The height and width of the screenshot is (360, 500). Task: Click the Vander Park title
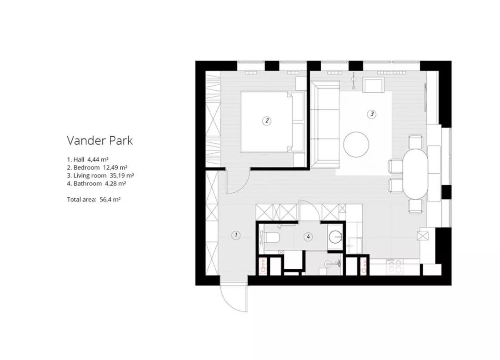pyautogui.click(x=100, y=140)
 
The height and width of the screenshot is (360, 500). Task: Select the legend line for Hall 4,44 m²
pyautogui.click(x=88, y=159)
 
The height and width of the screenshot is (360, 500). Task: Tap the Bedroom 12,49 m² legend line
pyautogui.click(x=97, y=168)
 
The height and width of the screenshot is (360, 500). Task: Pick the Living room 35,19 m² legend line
pyautogui.click(x=100, y=176)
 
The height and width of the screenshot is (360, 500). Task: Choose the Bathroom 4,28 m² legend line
pyautogui.click(x=96, y=183)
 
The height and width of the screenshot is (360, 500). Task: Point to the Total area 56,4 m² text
pyautogui.click(x=94, y=200)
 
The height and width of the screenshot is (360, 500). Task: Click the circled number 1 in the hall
pyautogui.click(x=236, y=235)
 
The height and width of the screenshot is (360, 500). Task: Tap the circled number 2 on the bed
pyautogui.click(x=267, y=120)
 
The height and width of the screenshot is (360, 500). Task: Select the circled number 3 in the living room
pyautogui.click(x=371, y=114)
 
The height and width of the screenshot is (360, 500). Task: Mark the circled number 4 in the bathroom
pyautogui.click(x=308, y=236)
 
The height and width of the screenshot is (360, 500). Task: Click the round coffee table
pyautogui.click(x=356, y=144)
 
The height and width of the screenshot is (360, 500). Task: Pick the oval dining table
pyautogui.click(x=415, y=174)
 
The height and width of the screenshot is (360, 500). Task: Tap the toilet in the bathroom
pyautogui.click(x=272, y=238)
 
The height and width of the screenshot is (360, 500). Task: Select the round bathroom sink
pyautogui.click(x=336, y=236)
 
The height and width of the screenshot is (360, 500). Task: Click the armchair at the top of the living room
pyautogui.click(x=373, y=85)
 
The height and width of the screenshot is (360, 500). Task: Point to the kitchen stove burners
pyautogui.click(x=394, y=266)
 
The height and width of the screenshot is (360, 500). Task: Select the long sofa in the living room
pyautogui.click(x=325, y=124)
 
